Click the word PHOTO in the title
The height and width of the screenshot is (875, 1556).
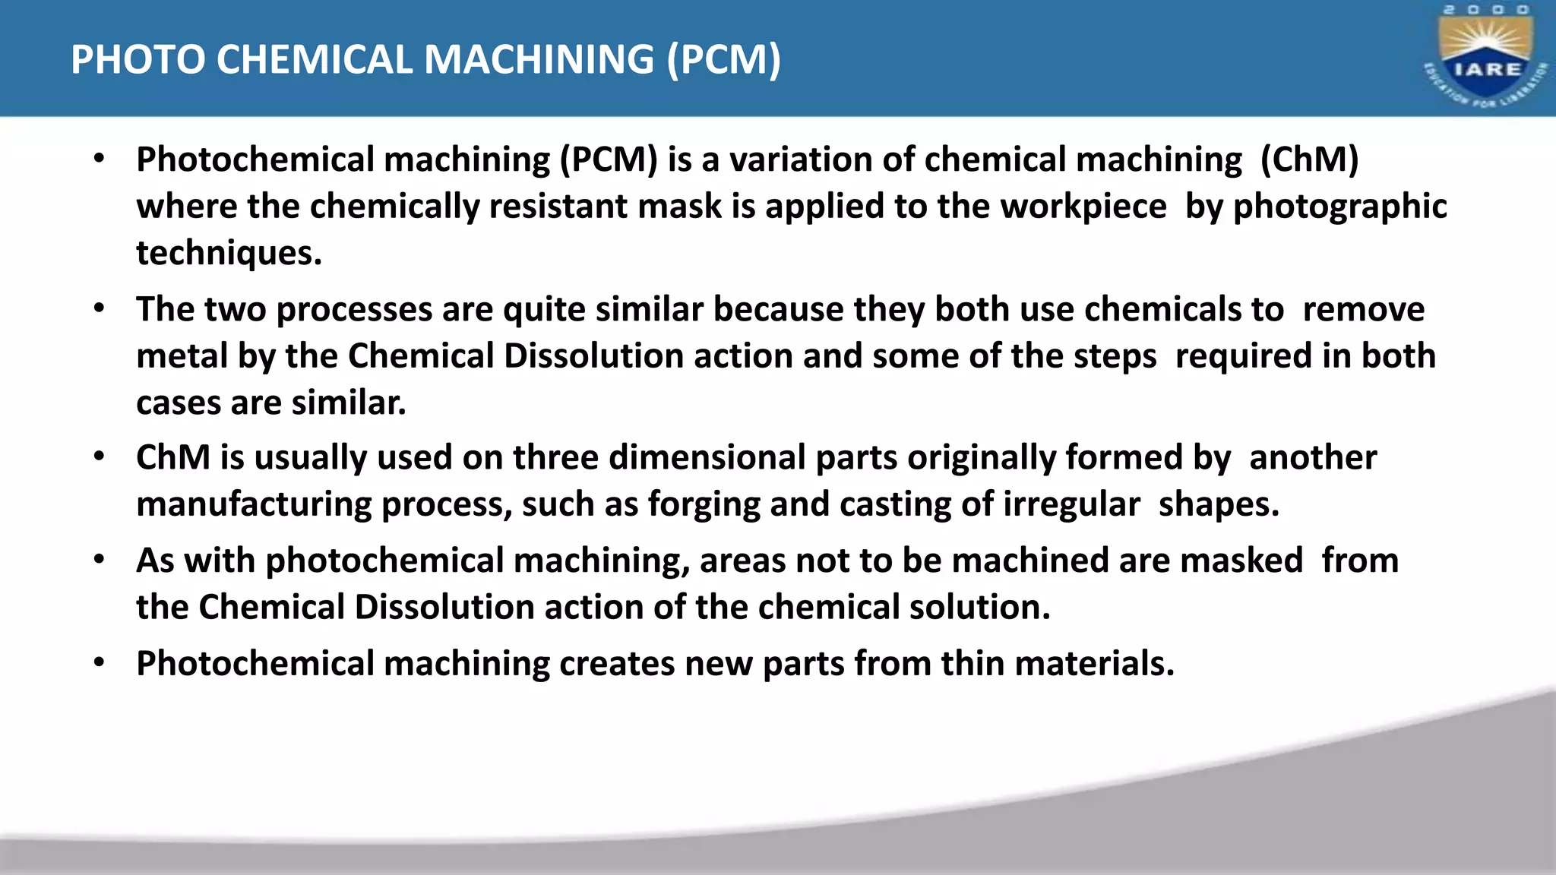[138, 60]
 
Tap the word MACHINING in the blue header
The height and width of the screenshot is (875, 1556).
[539, 60]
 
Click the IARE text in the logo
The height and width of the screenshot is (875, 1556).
[1487, 69]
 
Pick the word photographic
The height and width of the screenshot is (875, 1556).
[1340, 207]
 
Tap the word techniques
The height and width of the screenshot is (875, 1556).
[229, 254]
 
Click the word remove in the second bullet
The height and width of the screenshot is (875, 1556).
[1363, 310]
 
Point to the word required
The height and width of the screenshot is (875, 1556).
[1243, 356]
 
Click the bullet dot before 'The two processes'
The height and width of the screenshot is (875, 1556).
[99, 309]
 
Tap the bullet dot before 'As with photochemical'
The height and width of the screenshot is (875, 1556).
[99, 561]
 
